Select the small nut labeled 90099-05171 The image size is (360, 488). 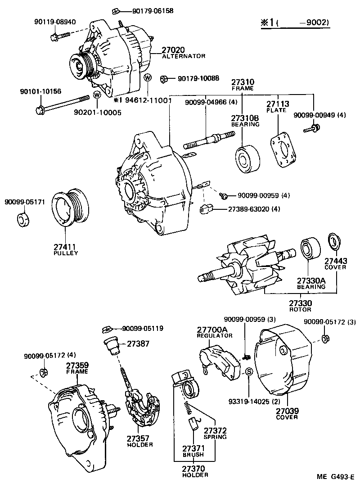point(22,220)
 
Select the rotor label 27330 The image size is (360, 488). point(300,303)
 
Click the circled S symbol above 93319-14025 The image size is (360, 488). point(248,371)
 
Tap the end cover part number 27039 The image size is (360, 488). point(287,411)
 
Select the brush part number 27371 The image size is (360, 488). point(193,448)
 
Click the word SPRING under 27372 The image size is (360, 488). point(215,437)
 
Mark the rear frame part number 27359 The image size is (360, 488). point(77,366)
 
